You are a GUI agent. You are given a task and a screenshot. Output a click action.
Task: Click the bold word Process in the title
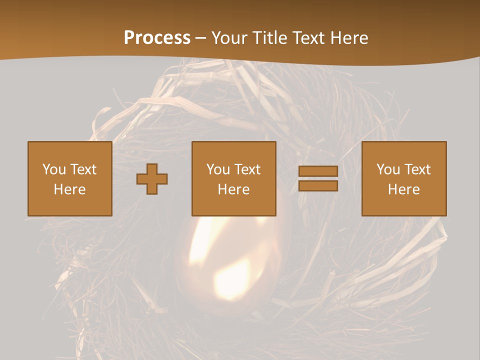coord(157,38)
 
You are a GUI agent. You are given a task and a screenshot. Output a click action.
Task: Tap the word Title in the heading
coord(268,38)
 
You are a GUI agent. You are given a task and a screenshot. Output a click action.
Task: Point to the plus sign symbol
coord(152,179)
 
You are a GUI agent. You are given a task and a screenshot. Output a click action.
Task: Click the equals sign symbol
coord(318,178)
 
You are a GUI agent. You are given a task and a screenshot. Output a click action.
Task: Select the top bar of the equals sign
coord(318,171)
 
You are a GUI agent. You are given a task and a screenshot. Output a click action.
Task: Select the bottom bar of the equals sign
coord(318,185)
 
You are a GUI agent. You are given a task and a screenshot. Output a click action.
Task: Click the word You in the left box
coord(54,169)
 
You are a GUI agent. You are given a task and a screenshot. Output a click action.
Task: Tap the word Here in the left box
coord(69,189)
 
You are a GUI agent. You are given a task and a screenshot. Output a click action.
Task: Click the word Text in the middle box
coord(247,169)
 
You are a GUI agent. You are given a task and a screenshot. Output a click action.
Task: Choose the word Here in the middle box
coord(233,189)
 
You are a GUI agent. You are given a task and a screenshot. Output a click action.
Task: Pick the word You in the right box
coord(388,169)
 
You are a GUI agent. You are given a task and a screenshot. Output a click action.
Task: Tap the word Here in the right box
coord(403,189)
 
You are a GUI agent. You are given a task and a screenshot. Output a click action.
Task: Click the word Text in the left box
coord(83,169)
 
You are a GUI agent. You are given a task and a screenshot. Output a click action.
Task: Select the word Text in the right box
coord(417,169)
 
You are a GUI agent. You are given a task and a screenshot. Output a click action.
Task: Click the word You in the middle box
coord(218,169)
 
